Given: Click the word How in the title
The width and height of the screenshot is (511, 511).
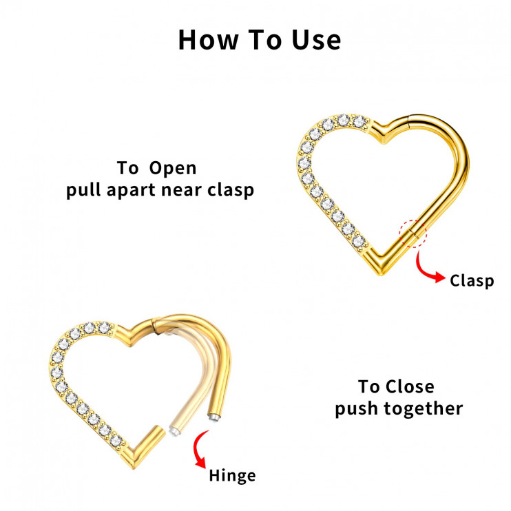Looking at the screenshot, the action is tap(208, 40).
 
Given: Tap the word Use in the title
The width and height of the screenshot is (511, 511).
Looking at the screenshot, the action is tap(316, 40).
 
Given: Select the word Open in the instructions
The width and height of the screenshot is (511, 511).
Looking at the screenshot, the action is tap(173, 169).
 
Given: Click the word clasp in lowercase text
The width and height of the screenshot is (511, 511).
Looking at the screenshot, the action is tap(231, 190).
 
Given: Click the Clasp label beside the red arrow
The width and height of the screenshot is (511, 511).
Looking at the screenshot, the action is tap(472, 280).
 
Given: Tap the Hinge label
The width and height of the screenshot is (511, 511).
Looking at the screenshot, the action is tap(232, 476).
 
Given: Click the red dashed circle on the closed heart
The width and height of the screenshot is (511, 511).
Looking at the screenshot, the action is tap(413, 233).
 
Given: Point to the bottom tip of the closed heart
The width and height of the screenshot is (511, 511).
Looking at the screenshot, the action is tap(380, 274).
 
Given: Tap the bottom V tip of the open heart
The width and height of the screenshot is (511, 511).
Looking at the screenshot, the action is tap(134, 467).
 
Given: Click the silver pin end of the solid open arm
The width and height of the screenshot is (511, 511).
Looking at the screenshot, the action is tap(213, 417).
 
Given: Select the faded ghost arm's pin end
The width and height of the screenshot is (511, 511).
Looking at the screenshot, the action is tap(173, 432).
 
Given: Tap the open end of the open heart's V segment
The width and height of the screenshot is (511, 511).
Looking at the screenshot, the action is tap(159, 430).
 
